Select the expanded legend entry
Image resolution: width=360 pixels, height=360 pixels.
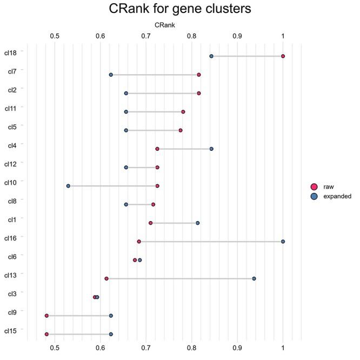(337, 197)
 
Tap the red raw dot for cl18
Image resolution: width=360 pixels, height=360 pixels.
(283, 56)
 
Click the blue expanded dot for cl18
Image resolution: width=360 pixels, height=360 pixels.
(211, 56)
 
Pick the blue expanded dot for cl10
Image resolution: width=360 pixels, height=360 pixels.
(68, 186)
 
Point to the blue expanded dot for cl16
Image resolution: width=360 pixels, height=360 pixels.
(283, 242)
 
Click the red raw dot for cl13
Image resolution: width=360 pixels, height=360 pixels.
(106, 278)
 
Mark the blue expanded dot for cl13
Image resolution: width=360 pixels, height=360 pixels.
(254, 278)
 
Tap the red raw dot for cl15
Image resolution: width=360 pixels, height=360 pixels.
(46, 334)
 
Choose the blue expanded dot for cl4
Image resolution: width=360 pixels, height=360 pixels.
(211, 149)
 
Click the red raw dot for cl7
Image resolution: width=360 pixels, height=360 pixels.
(199, 75)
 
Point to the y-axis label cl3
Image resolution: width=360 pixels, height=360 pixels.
(12, 294)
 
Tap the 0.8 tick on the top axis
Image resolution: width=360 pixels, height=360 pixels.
(191, 36)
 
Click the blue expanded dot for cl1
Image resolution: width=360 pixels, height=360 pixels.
(197, 223)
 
